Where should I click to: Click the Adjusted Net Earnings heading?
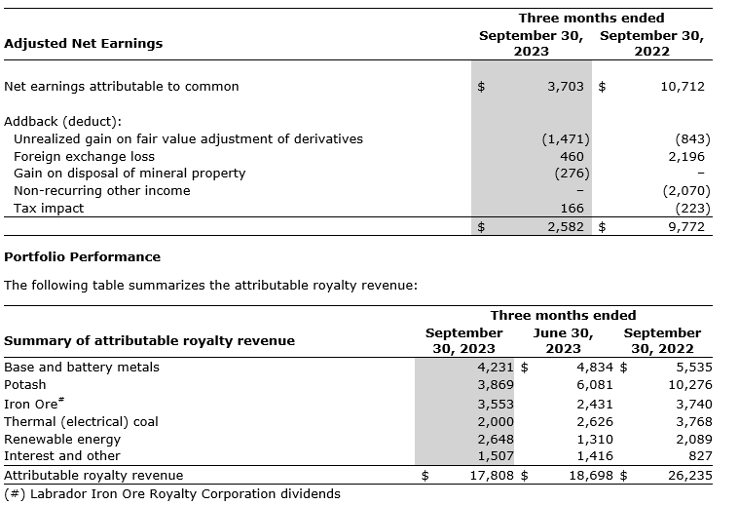(84, 44)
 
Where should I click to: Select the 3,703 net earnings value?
(565, 87)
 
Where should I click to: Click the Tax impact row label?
(49, 209)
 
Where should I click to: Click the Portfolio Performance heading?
(83, 257)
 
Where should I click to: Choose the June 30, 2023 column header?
(556, 340)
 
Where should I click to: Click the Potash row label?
(25, 385)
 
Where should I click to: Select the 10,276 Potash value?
(692, 385)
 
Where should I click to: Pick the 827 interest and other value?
(700, 455)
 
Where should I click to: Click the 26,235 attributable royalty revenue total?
(689, 476)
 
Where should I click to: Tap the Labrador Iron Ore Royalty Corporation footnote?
(172, 493)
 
